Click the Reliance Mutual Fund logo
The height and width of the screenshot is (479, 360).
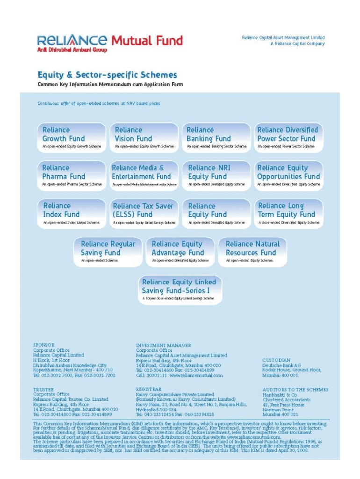click(x=109, y=41)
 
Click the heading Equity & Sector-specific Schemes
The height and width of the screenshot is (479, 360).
click(x=107, y=75)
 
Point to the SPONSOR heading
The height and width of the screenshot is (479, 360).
click(x=43, y=345)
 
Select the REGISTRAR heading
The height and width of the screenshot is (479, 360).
click(x=149, y=389)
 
